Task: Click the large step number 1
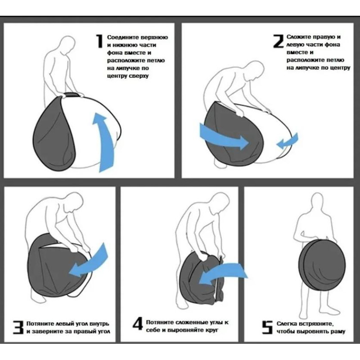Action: [x=99, y=41]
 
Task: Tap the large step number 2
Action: [x=279, y=41]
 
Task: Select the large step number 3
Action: [x=18, y=327]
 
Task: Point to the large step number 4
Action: [x=138, y=324]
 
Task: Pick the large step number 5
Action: [x=267, y=327]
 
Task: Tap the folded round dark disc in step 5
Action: [x=322, y=265]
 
